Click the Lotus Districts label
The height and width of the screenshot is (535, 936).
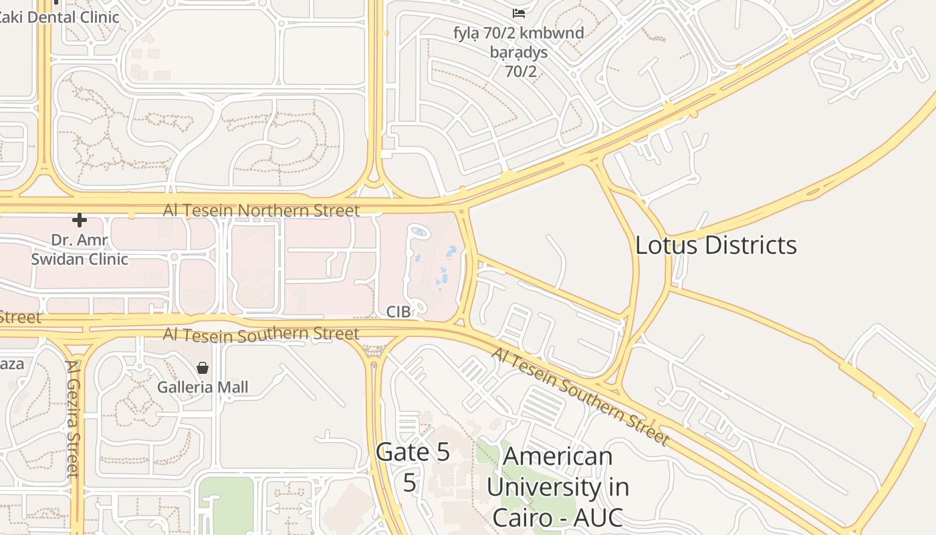coord(715,245)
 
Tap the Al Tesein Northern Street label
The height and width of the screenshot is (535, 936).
coord(261,211)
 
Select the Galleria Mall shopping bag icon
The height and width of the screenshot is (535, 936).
coord(203,368)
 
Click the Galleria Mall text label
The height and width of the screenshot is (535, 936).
coord(203,387)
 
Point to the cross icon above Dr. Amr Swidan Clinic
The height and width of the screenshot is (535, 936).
coord(80,220)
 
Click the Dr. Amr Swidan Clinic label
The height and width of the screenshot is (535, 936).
coord(80,249)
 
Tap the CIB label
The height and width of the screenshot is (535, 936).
coord(398,312)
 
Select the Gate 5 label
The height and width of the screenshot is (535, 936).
coord(413,452)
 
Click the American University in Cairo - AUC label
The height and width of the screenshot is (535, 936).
coord(558,486)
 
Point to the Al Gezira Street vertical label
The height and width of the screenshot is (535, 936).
coord(73,419)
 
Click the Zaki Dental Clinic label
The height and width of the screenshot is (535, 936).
coord(59,17)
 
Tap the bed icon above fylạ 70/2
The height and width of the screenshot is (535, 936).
coord(518,13)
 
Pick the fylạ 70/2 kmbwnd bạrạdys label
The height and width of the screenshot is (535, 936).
coord(519,51)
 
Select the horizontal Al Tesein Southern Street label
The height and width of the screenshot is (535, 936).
coord(261,334)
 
